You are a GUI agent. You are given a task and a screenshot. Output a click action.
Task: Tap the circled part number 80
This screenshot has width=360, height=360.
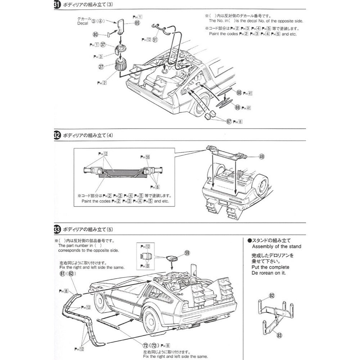tap(95, 35)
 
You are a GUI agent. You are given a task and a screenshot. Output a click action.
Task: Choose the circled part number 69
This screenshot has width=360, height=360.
tap(237, 107)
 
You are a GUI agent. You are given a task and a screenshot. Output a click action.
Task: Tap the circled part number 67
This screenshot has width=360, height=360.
tap(229, 121)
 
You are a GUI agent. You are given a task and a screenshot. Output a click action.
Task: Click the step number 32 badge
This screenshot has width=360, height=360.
tap(57, 136)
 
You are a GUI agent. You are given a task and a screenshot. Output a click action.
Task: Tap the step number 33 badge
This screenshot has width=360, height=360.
tap(57, 229)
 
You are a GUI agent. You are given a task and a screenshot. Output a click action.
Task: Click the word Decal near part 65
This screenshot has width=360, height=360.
tap(82, 23)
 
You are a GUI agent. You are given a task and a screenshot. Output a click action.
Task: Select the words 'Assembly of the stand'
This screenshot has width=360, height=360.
tap(277, 247)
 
